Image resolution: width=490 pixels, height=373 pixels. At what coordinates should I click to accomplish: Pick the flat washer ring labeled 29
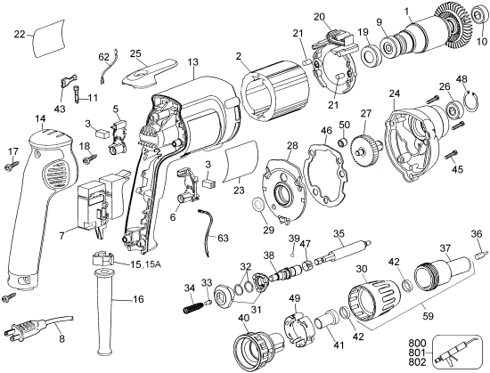(x=257, y=207)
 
